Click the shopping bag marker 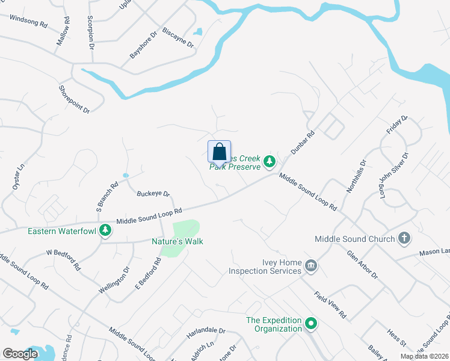219,151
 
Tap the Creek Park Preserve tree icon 270,161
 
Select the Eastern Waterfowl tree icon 106,230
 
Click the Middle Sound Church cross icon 404,238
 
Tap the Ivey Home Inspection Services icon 311,266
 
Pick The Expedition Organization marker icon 311,324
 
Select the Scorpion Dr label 91,32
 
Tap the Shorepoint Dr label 74,99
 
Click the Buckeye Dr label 153,194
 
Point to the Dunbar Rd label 303,144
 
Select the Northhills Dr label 356,176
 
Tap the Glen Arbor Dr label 362,265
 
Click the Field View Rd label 330,306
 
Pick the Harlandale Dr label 205,331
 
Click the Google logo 20,354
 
